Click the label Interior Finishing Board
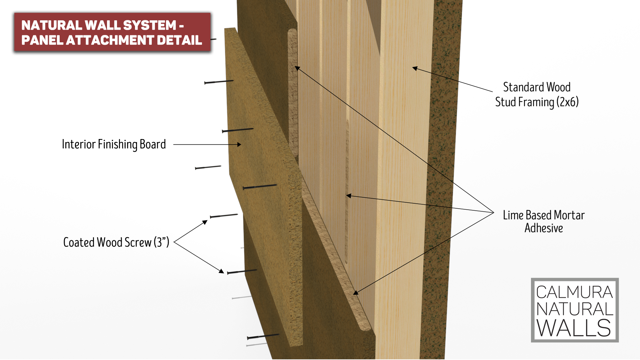pyautogui.click(x=114, y=144)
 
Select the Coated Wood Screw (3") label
pyautogui.click(x=116, y=242)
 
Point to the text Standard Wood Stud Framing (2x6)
pyautogui.click(x=537, y=95)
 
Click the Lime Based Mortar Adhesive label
pyautogui.click(x=544, y=222)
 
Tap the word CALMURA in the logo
pyautogui.click(x=574, y=292)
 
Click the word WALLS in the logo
pyautogui.click(x=574, y=328)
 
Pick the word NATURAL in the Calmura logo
pyautogui.click(x=574, y=309)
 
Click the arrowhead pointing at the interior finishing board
pyautogui.click(x=239, y=145)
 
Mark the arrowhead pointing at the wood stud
pyautogui.click(x=415, y=68)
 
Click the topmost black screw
pyautogui.click(x=219, y=82)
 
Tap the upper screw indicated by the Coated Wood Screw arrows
pyautogui.click(x=224, y=216)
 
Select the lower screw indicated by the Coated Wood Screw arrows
pyautogui.click(x=242, y=272)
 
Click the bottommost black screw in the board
pyautogui.click(x=263, y=336)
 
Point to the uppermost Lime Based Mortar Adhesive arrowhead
pyautogui.click(x=297, y=68)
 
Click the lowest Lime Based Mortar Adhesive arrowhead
pyautogui.click(x=356, y=293)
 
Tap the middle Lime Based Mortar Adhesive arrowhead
pyautogui.click(x=348, y=196)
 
